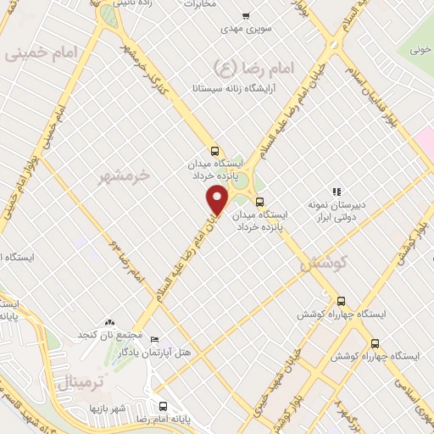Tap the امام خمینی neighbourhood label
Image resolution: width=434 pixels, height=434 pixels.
point(41,53)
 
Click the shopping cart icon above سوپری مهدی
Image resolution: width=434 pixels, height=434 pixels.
point(246,16)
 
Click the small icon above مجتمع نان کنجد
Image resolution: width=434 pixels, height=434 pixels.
point(108,322)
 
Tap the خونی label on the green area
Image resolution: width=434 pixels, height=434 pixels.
point(420,50)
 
